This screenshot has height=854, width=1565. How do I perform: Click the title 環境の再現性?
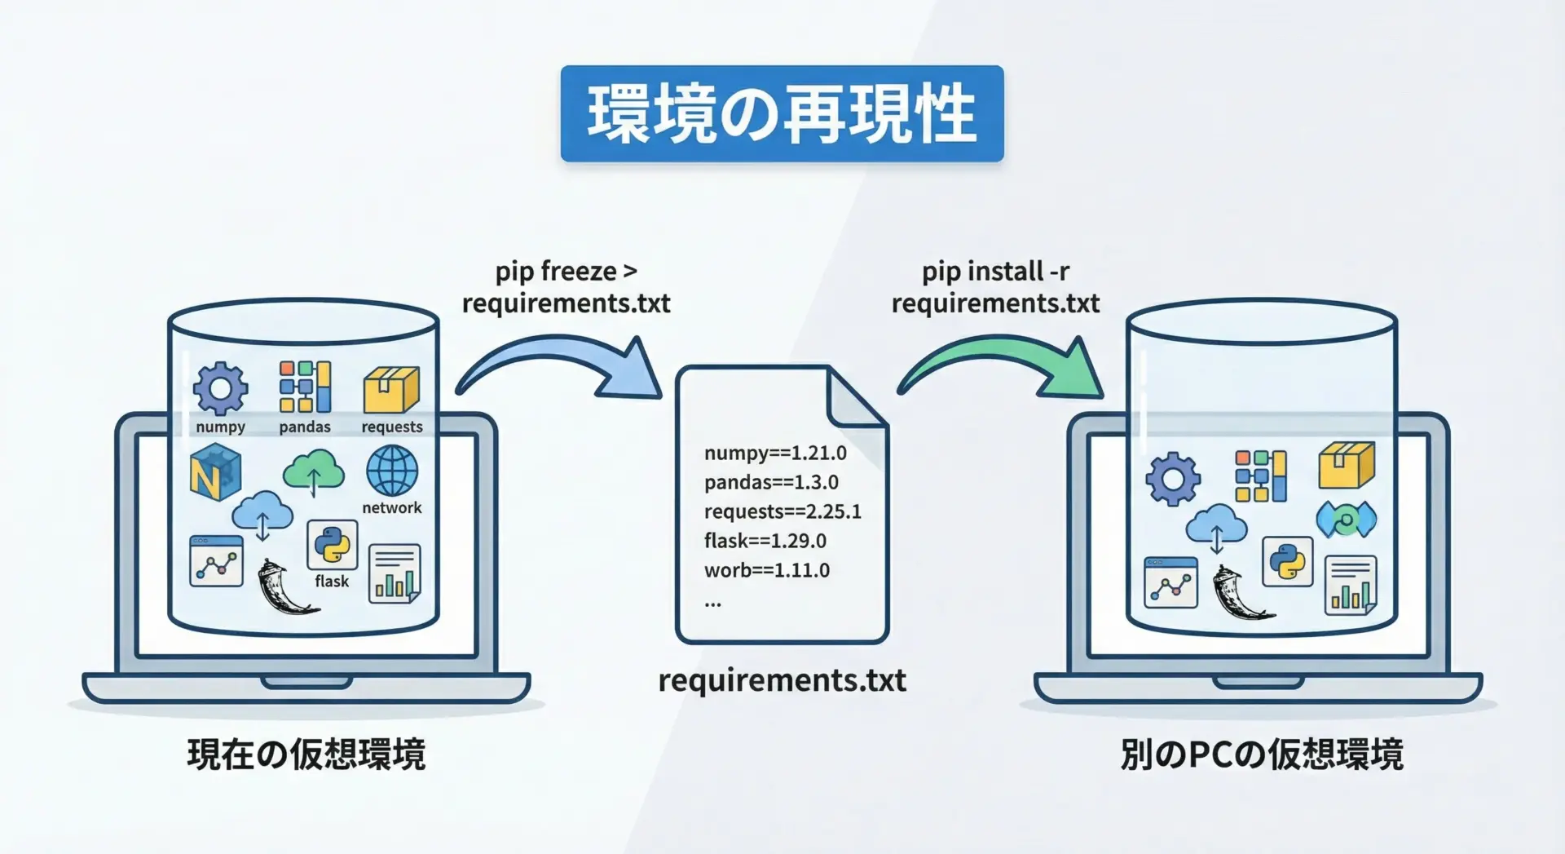click(782, 113)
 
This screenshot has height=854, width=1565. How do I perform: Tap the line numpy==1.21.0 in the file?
click(775, 453)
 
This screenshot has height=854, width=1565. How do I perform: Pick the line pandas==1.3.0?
click(771, 482)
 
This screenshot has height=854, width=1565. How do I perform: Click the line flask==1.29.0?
click(765, 541)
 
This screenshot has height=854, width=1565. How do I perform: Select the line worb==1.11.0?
click(767, 570)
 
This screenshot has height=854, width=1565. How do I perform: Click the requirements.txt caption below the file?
click(782, 680)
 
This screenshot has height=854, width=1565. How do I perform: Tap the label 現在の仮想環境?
click(306, 754)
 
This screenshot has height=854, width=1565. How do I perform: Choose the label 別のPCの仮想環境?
click(1262, 754)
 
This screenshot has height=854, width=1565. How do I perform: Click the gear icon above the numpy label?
click(220, 388)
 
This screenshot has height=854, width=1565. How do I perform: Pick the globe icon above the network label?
click(392, 471)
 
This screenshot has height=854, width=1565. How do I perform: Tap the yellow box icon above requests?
click(391, 389)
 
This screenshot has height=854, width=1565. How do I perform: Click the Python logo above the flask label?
click(332, 544)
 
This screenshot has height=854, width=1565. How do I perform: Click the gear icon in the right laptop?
click(1173, 478)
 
